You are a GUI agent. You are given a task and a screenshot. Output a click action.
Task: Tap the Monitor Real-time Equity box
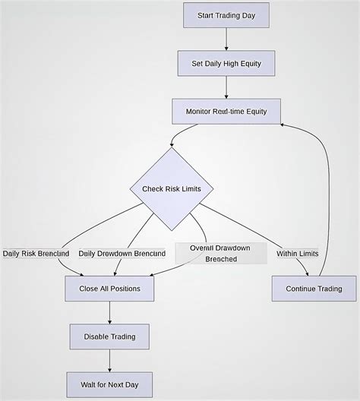[226, 112]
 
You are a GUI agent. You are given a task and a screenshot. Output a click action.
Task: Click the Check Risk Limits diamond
[171, 188]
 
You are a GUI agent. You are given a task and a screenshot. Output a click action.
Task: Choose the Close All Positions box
[109, 289]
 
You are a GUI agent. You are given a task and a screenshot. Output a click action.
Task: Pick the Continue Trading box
[314, 289]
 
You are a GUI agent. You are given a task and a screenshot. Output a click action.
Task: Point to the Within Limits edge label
[298, 253]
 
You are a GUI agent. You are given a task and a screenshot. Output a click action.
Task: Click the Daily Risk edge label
[36, 253]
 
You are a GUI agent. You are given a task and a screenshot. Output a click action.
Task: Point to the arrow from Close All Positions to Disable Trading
[109, 312]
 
